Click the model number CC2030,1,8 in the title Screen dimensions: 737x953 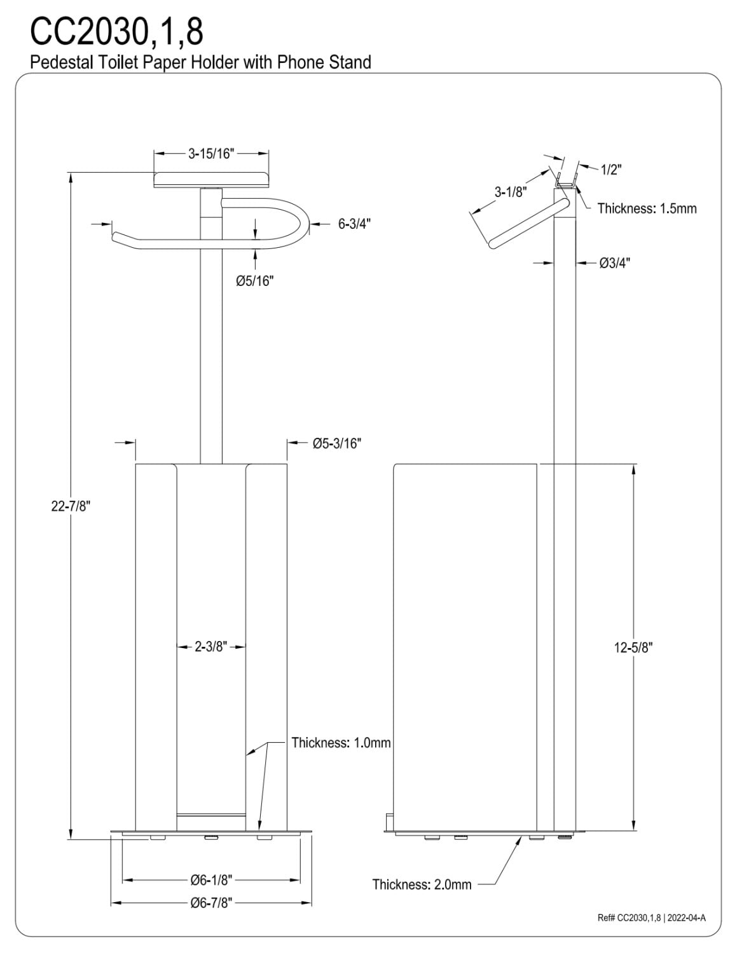tap(116, 32)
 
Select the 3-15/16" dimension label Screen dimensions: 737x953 tap(211, 154)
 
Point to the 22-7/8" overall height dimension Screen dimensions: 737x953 tap(71, 506)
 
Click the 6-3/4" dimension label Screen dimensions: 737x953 tap(354, 224)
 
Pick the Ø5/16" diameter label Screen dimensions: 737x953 tap(254, 281)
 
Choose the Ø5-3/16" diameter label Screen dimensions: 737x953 tap(336, 443)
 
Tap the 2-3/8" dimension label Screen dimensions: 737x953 tap(210, 646)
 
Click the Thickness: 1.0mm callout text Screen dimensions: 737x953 tap(341, 743)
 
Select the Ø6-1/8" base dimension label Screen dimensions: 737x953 tap(211, 880)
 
